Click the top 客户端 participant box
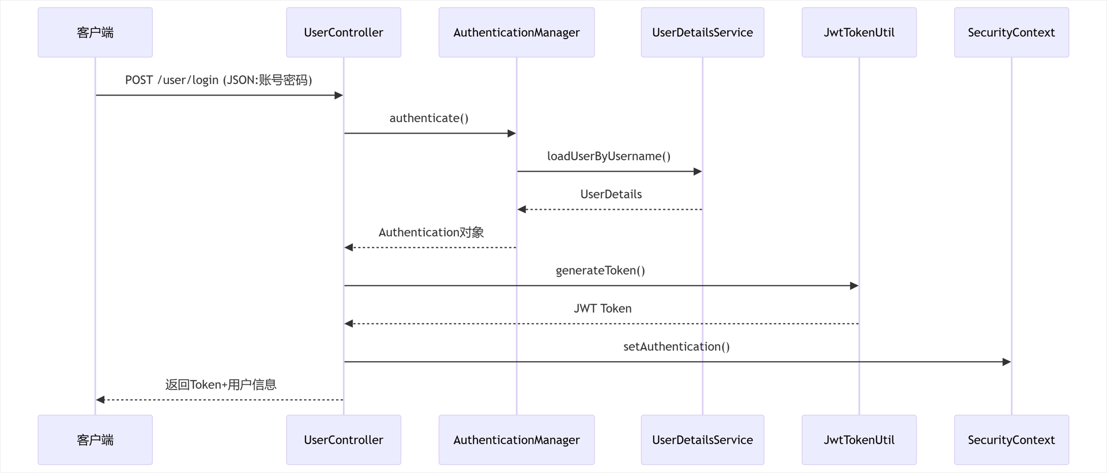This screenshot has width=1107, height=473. point(95,32)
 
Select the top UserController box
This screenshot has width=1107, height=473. point(343,32)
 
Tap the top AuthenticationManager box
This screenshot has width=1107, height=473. point(516,32)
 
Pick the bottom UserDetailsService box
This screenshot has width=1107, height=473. point(702,440)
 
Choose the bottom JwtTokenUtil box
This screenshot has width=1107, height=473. point(859,440)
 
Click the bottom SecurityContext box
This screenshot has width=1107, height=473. point(1011,440)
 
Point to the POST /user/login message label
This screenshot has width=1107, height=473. point(219,80)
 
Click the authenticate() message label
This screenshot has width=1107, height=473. point(429,118)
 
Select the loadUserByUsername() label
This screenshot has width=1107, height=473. point(609,156)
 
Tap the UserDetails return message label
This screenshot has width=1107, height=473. point(611,194)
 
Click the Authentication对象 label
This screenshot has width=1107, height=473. point(431,232)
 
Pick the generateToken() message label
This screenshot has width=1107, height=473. point(600,270)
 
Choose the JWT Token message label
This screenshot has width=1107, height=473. point(603,308)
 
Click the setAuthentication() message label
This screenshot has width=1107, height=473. point(676,346)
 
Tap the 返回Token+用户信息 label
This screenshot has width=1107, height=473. point(221,384)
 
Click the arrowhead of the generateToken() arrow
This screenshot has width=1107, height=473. point(854,286)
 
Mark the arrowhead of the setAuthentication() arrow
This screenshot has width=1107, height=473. point(1007,362)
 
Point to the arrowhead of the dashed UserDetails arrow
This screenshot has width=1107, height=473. point(522,210)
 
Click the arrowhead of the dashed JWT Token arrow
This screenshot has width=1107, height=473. point(349,324)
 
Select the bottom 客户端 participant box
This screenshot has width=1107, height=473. point(95,440)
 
